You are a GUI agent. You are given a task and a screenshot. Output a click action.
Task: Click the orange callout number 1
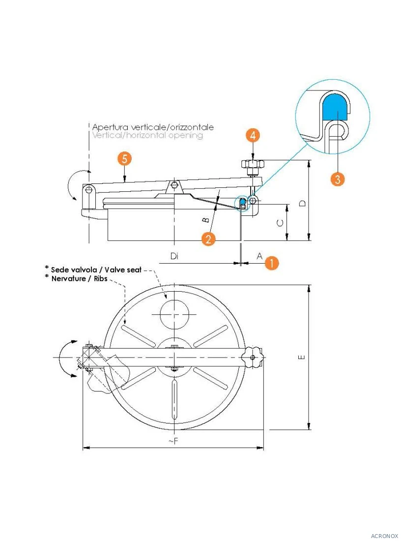(272, 263)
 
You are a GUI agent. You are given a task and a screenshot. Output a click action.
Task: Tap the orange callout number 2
(208, 239)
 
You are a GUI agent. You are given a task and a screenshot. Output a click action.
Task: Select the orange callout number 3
(338, 179)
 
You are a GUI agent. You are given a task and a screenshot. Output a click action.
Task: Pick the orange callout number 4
(253, 136)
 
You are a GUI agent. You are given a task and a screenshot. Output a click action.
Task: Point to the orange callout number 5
(124, 159)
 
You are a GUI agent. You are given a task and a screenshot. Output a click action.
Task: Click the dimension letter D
(302, 203)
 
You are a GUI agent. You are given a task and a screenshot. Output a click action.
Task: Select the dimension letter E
(301, 357)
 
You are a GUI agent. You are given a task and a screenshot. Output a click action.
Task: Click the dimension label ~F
(173, 441)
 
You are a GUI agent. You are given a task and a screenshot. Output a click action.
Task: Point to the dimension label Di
(174, 256)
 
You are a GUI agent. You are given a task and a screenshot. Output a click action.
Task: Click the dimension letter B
(205, 220)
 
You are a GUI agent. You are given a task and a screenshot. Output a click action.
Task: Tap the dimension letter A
(259, 256)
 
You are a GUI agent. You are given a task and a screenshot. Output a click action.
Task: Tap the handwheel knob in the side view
(253, 165)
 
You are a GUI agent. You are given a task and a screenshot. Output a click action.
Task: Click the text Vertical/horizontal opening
(147, 135)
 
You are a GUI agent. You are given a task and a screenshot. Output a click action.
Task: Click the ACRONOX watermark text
(384, 536)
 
